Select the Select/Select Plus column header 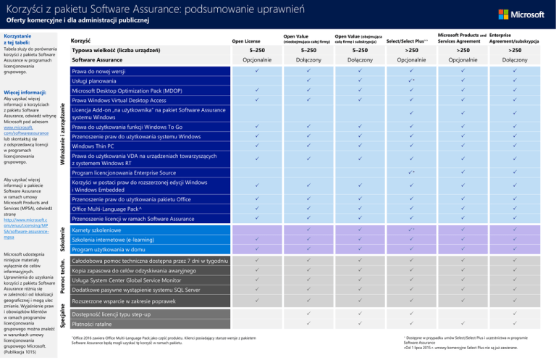pos(406,41)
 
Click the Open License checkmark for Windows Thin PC pos(256,146)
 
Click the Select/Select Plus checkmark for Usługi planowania pos(410,81)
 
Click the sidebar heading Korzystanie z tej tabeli pos(22,38)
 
